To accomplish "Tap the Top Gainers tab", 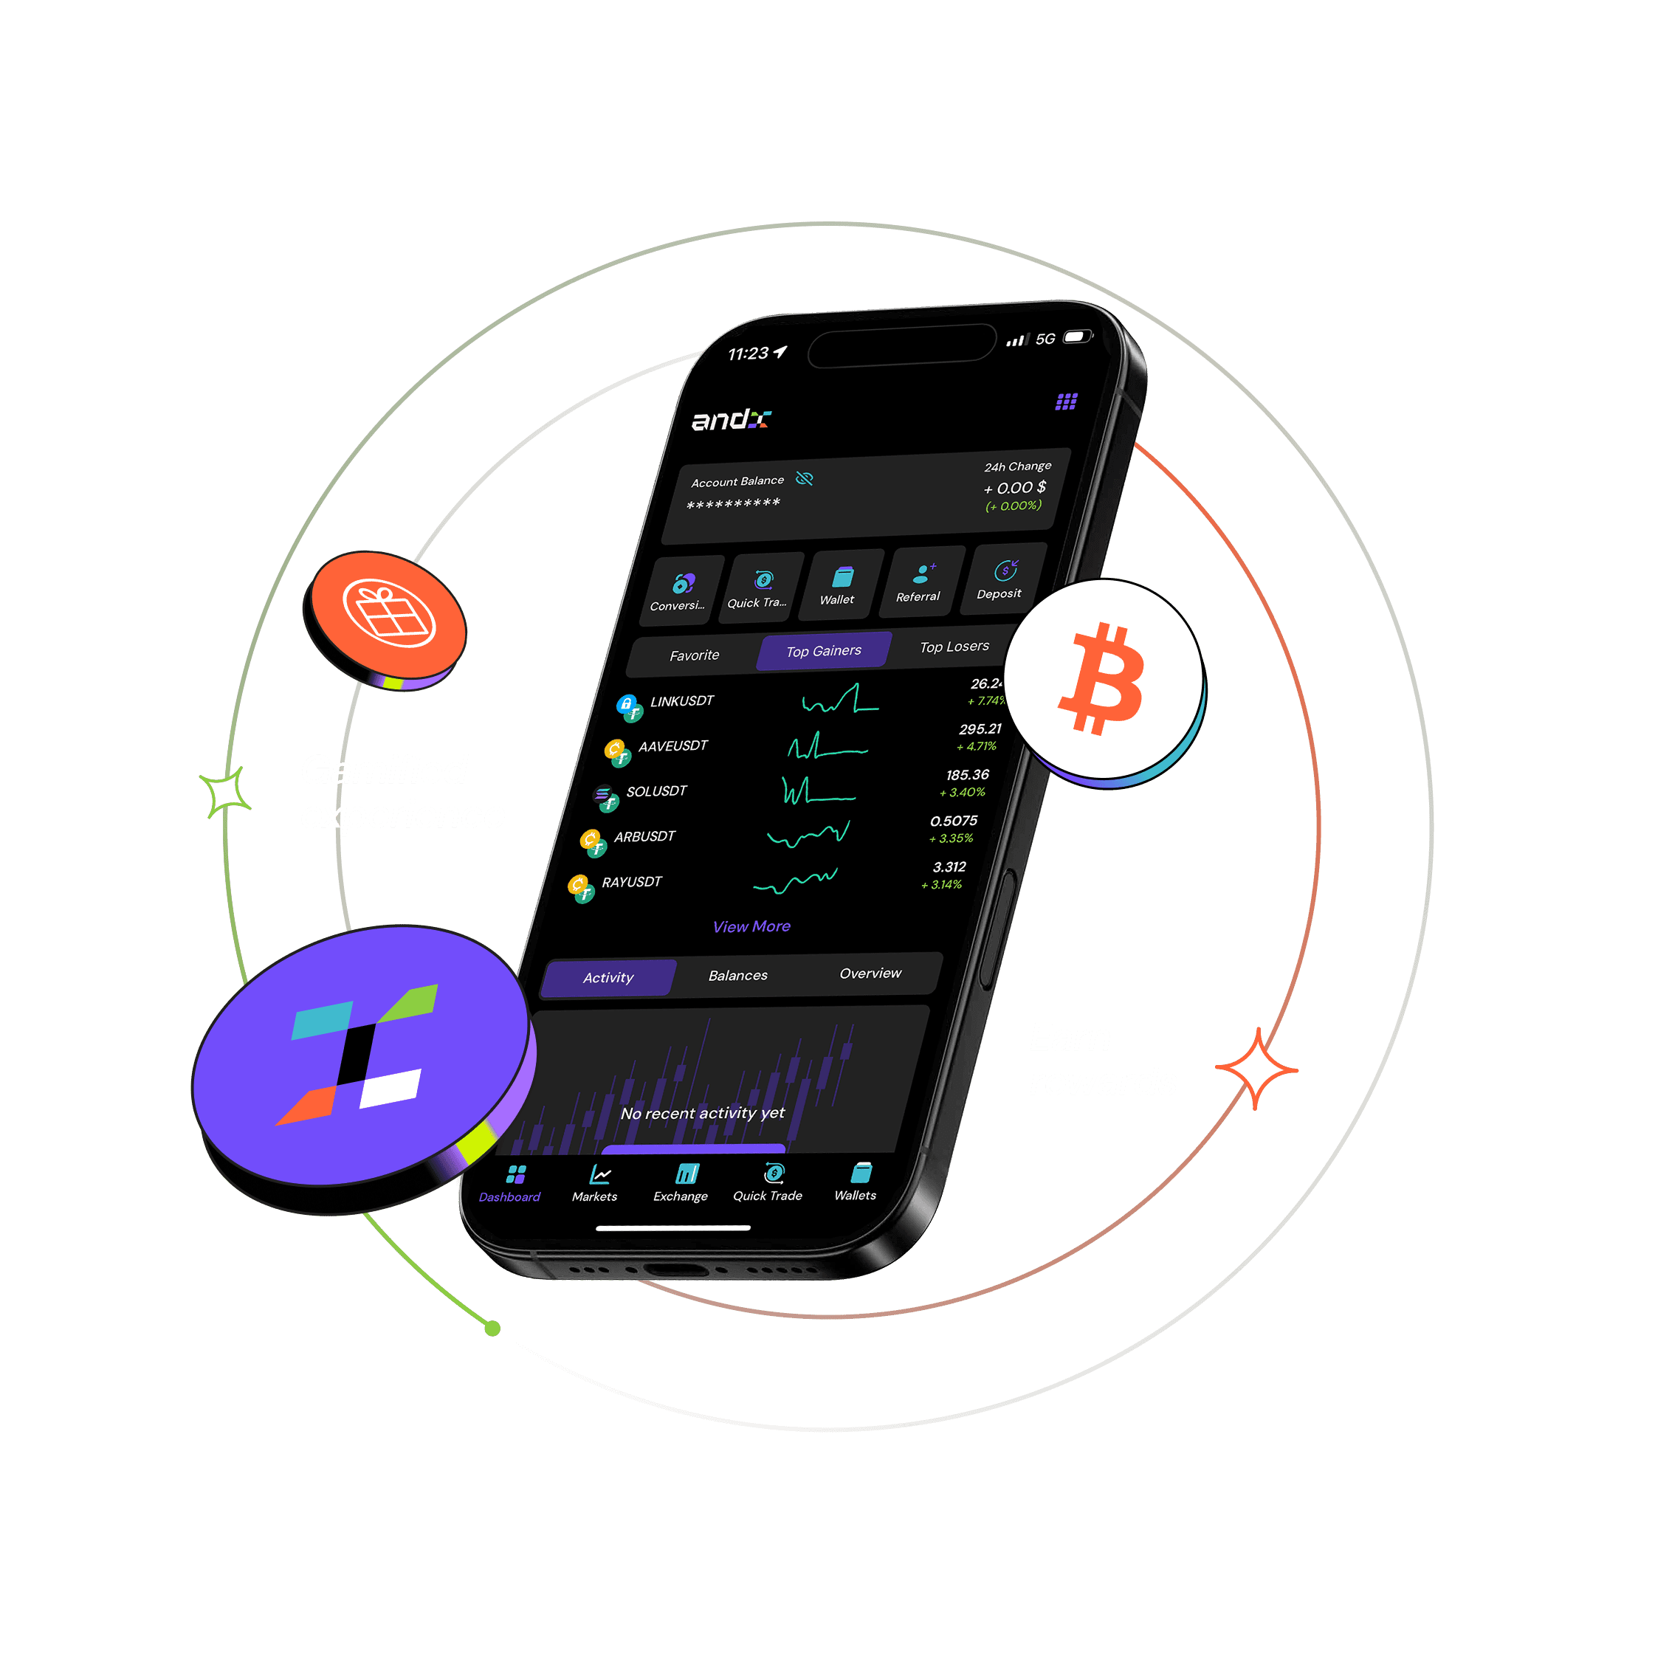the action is [823, 651].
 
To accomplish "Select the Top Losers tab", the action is [954, 647].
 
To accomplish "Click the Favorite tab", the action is [694, 655].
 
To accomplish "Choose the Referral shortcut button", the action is [919, 583].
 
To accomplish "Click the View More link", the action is [751, 926].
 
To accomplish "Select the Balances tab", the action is [737, 976].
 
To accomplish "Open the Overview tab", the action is [870, 973].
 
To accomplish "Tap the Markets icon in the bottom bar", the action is [596, 1183].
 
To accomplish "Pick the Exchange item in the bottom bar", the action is [682, 1183].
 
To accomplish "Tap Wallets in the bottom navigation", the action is [856, 1182].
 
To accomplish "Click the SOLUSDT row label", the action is [656, 791].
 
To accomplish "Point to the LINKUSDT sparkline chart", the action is [839, 700].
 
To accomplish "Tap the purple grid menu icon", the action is [1066, 402].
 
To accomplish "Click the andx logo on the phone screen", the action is [731, 420].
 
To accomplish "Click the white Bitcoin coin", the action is [1104, 678].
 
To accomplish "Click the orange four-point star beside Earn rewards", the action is [1256, 1069].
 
